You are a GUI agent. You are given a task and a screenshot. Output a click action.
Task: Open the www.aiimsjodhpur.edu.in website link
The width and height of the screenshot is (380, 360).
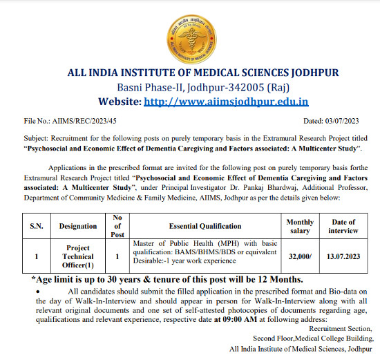[x=226, y=101]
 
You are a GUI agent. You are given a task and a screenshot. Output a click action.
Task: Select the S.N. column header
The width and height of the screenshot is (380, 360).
[x=36, y=226]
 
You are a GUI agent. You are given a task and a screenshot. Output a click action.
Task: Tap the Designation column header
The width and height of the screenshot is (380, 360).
[x=78, y=226]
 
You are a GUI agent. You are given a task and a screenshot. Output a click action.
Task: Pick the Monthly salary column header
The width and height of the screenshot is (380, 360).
[x=300, y=226]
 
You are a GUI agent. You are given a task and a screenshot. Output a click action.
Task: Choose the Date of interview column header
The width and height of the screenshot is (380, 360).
[x=343, y=226]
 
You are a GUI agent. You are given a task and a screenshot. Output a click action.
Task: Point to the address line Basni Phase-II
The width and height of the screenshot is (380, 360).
[x=189, y=87]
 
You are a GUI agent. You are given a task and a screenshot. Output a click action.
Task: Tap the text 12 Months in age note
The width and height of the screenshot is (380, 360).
[x=276, y=279]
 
